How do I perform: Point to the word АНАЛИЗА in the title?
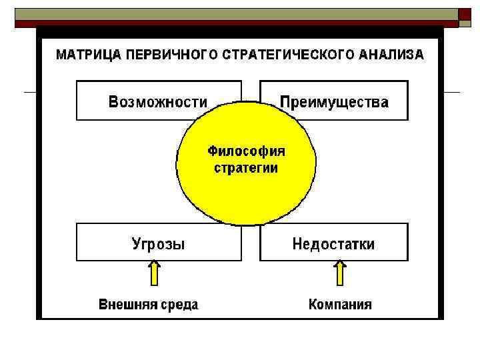coord(391,55)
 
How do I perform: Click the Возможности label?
coord(158,102)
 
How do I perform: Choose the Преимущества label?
coord(334,102)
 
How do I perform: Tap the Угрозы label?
coord(158,244)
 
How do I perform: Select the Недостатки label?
coord(333,244)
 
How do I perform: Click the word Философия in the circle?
coord(246,151)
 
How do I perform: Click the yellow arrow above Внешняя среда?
coord(154,273)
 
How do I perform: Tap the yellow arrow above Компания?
coord(340,273)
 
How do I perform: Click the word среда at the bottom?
coord(179,305)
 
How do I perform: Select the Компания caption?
coord(340,305)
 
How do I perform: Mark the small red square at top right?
coord(465,15)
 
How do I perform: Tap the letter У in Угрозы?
coord(136,244)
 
